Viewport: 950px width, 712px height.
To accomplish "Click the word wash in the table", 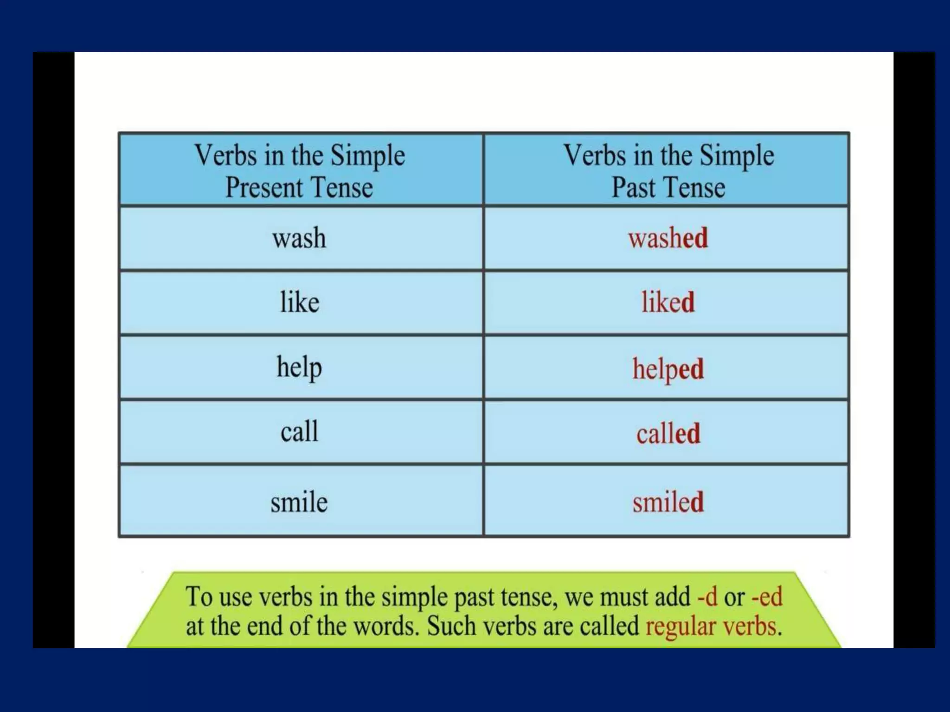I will point(299,238).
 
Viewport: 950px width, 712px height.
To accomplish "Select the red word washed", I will point(668,238).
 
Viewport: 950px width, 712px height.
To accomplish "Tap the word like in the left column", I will point(300,302).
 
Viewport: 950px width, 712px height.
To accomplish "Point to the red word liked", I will point(668,302).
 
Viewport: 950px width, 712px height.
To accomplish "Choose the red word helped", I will point(668,369).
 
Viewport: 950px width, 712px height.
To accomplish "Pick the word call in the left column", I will point(300,432).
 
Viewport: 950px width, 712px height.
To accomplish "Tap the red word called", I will point(668,434).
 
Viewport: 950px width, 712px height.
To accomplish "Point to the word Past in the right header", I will point(634,188).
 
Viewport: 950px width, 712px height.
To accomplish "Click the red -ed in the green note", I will point(767,597).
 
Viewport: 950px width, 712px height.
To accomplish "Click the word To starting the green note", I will point(199,597).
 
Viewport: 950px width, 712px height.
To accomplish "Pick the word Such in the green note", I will point(451,626).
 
